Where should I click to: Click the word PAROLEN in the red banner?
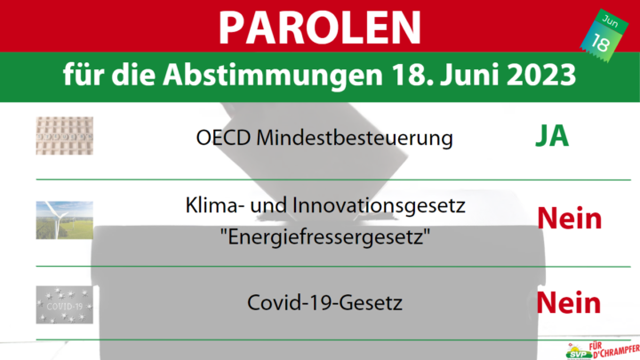pyautogui.click(x=320, y=28)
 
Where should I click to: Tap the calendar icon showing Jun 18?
pyautogui.click(x=604, y=36)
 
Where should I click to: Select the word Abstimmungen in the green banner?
pyautogui.click(x=273, y=76)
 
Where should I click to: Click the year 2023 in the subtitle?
pyautogui.click(x=541, y=75)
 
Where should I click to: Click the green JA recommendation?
pyautogui.click(x=552, y=136)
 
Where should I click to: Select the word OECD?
pyautogui.click(x=223, y=138)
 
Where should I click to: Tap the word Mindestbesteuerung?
pyautogui.click(x=355, y=139)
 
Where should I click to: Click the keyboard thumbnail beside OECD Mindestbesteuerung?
pyautogui.click(x=65, y=135)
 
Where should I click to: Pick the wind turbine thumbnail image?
pyautogui.click(x=65, y=220)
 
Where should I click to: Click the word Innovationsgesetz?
pyautogui.click(x=379, y=205)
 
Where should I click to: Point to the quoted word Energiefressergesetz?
pyautogui.click(x=325, y=237)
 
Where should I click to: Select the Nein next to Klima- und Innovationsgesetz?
pyautogui.click(x=570, y=219)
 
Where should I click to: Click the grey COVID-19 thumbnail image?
pyautogui.click(x=65, y=305)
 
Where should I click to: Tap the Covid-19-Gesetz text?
pyautogui.click(x=325, y=303)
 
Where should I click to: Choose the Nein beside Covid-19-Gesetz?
pyautogui.click(x=569, y=303)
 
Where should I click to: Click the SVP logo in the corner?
pyautogui.click(x=603, y=350)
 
